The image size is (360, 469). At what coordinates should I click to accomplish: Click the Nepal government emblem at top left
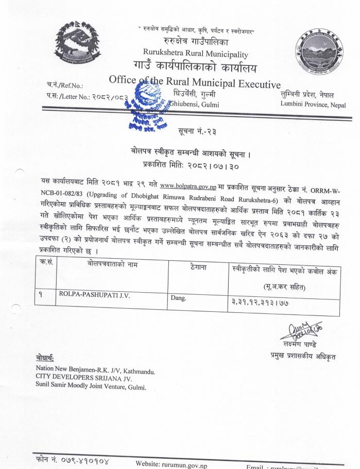(79, 44)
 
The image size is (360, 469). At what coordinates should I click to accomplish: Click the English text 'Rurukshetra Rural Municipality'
(196, 54)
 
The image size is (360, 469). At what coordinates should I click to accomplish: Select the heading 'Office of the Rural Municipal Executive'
(195, 82)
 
